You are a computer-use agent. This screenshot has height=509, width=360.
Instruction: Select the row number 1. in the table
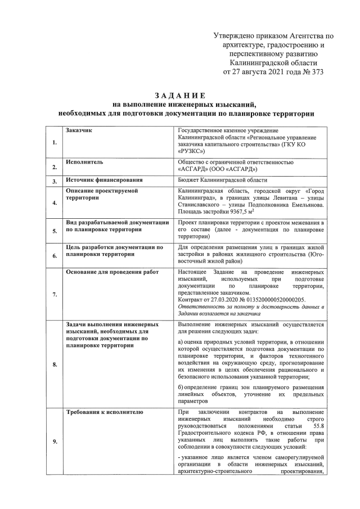point(54,143)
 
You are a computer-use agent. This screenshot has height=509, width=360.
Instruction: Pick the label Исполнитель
point(84,162)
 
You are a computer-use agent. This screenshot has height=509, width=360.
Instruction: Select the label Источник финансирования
point(103,181)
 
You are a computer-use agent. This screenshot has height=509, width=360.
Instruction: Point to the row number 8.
point(54,364)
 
